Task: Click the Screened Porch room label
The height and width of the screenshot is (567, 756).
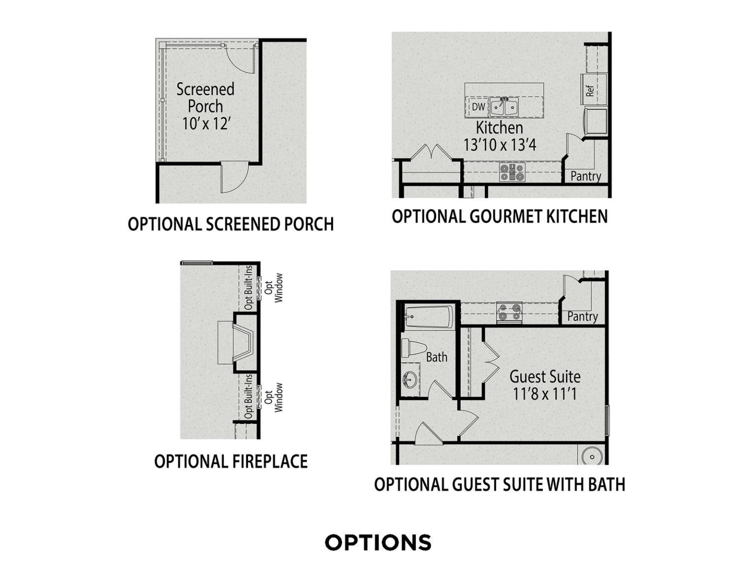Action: [x=205, y=98]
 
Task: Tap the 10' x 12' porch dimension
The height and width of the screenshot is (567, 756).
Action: [x=206, y=123]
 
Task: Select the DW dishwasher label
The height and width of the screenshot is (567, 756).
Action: [x=478, y=107]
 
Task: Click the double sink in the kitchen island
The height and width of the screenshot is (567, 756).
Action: [x=504, y=107]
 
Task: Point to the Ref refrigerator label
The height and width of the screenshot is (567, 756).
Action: [x=590, y=91]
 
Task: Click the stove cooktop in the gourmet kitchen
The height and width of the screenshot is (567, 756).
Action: [x=512, y=172]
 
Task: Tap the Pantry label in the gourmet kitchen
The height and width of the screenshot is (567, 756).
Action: [x=586, y=176]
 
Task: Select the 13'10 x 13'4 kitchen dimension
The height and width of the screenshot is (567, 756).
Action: [x=500, y=145]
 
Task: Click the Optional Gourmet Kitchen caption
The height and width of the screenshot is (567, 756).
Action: [x=500, y=216]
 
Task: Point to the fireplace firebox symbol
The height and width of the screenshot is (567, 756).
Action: [x=244, y=343]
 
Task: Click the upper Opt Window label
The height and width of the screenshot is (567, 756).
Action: [x=274, y=288]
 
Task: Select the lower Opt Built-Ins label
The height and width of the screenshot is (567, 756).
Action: [x=249, y=396]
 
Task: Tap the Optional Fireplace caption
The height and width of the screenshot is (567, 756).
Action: [x=231, y=461]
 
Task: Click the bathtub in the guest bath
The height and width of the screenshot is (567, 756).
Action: [x=429, y=316]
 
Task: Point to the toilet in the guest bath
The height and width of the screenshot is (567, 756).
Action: [x=414, y=347]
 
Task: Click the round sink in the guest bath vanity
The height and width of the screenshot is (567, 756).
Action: [x=410, y=379]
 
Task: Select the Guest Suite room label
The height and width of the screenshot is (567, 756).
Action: [x=545, y=377]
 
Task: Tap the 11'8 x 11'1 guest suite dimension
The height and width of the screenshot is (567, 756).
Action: [x=545, y=394]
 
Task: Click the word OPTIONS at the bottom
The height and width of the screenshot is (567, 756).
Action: [x=378, y=542]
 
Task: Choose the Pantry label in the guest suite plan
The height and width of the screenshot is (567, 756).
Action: [x=582, y=316]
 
